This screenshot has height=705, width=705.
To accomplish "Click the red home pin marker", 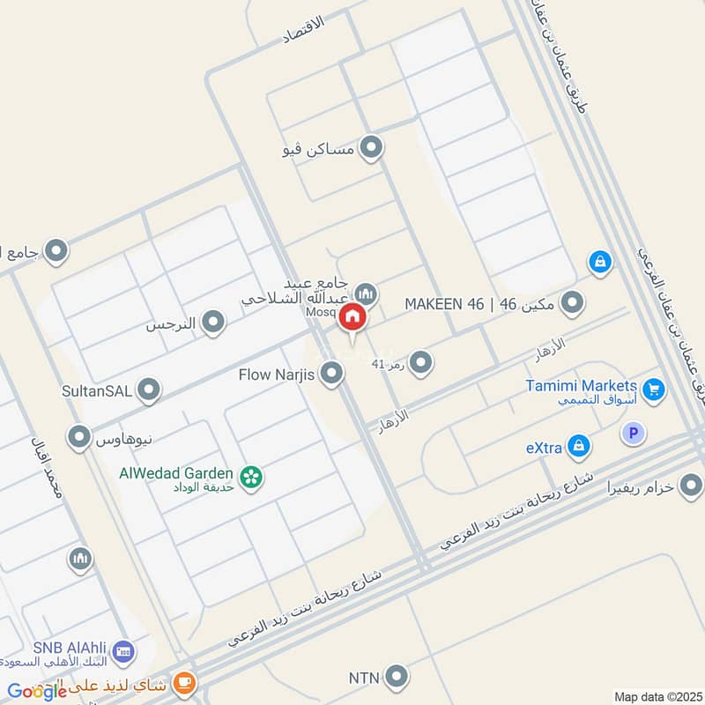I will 352,318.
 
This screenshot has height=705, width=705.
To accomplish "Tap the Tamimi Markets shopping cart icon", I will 653,389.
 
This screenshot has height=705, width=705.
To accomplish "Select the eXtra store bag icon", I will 579,446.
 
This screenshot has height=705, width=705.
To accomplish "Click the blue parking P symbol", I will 633,433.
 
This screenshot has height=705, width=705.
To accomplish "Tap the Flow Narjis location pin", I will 331,375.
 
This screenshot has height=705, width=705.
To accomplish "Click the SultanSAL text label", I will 97,389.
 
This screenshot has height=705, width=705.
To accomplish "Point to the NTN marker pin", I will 397,677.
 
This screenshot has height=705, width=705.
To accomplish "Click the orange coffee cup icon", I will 185,681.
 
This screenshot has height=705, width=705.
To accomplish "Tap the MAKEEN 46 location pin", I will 573,303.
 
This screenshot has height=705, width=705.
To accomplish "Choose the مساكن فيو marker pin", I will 372,148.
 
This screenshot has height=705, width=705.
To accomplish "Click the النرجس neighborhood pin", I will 212,323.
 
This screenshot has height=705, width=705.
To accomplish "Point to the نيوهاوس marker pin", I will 80,435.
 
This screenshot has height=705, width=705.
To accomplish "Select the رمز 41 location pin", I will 421,362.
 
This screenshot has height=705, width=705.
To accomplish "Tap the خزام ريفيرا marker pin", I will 692,485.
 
